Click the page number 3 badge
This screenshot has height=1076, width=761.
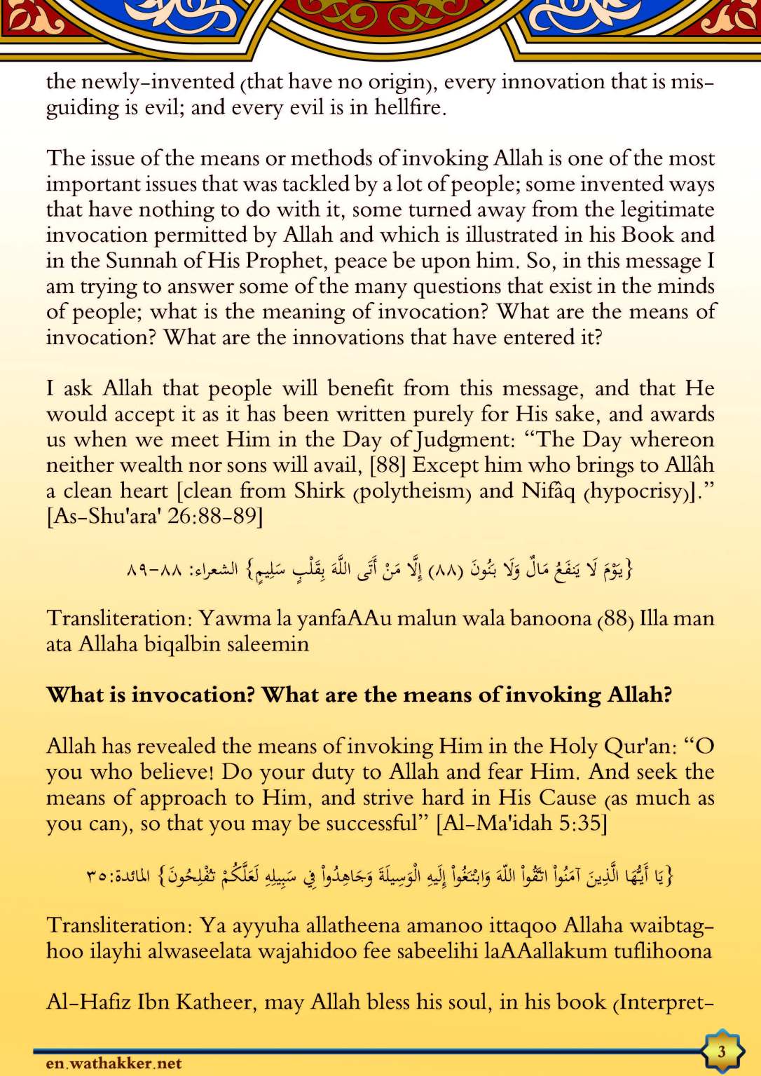(x=722, y=1051)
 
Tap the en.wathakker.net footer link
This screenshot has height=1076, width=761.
(x=114, y=1063)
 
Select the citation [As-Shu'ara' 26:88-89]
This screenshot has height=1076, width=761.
(x=155, y=517)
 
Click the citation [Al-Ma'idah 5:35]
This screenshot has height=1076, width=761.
(x=521, y=823)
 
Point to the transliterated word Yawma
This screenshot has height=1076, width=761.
(x=235, y=619)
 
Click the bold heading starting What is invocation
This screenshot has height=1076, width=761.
(x=359, y=695)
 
